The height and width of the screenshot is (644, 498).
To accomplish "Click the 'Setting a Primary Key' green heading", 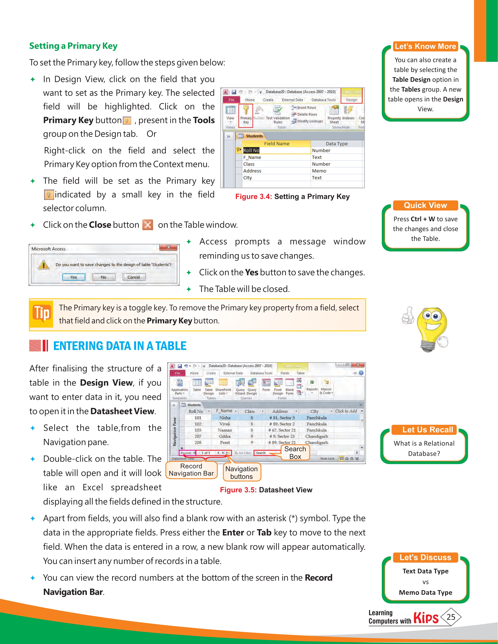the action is [73, 46].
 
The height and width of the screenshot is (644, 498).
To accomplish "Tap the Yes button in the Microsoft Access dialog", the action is [74, 277].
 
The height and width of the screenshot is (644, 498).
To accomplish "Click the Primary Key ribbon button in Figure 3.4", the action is [246, 115].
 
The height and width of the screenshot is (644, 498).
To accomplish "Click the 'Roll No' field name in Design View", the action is [251, 150].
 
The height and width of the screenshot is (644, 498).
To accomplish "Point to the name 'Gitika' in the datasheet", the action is [225, 436].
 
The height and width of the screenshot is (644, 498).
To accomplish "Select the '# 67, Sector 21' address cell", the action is [282, 430].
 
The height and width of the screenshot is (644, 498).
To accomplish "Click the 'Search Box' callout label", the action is [295, 453].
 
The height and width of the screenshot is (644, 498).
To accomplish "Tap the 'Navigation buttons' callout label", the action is [241, 473].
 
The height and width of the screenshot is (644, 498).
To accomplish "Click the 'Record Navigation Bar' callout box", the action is [191, 470].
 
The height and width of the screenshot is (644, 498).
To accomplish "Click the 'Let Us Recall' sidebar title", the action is [428, 430].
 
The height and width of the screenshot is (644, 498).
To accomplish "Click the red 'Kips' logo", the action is [426, 617].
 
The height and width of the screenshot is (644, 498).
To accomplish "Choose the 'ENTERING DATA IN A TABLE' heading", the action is [120, 346].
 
